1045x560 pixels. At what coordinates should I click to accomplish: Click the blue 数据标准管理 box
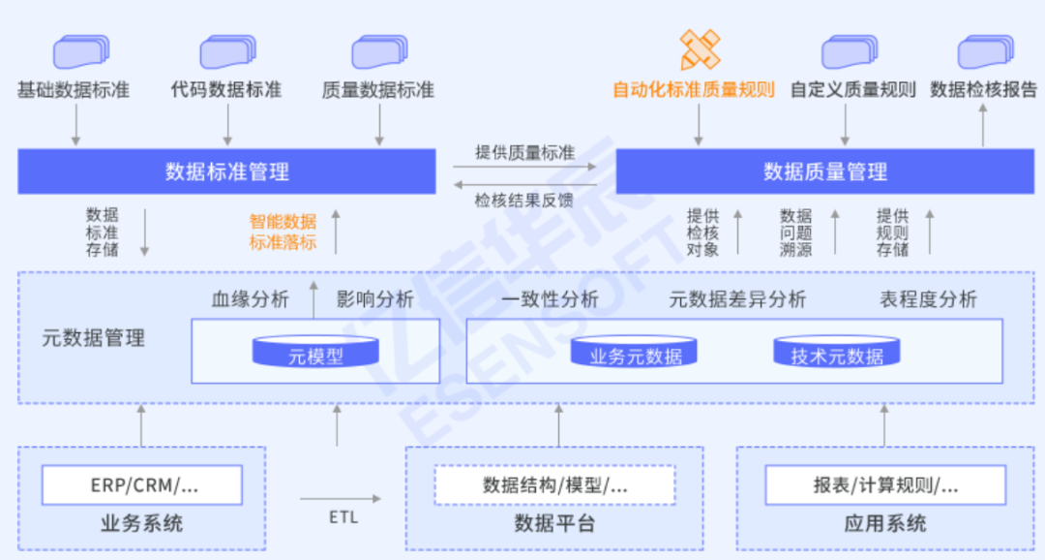pyautogui.click(x=227, y=172)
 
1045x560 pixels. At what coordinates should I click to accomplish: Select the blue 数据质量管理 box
pyautogui.click(x=824, y=172)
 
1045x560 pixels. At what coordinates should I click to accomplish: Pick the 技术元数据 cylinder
pyautogui.click(x=837, y=353)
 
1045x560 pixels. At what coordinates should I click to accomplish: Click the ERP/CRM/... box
pyautogui.click(x=142, y=485)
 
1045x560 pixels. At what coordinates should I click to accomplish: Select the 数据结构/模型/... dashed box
pyautogui.click(x=554, y=485)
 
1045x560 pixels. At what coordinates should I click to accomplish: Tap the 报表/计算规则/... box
pyautogui.click(x=885, y=485)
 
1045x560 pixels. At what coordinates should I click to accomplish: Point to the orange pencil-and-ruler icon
pyautogui.click(x=699, y=49)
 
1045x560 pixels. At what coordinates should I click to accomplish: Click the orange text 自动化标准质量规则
pyautogui.click(x=694, y=90)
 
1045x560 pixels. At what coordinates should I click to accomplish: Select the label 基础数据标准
pyautogui.click(x=74, y=90)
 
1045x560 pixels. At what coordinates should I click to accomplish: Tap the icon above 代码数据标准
pyautogui.click(x=227, y=51)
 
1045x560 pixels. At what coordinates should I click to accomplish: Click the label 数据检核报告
pyautogui.click(x=983, y=90)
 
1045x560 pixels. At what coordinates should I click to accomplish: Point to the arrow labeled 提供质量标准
pyautogui.click(x=527, y=167)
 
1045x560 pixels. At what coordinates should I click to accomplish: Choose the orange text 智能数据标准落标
pyautogui.click(x=283, y=232)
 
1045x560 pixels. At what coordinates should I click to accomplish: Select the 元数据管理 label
pyautogui.click(x=94, y=338)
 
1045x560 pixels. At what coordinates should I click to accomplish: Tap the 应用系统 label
pyautogui.click(x=885, y=524)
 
